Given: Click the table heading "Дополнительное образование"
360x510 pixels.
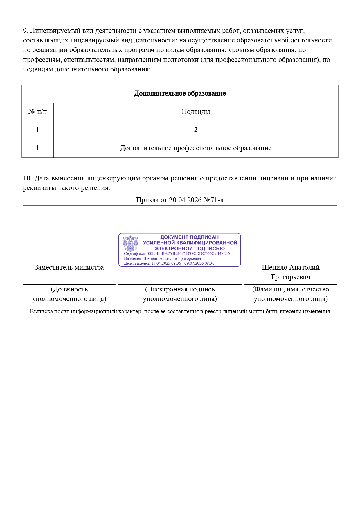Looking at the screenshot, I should click(x=180, y=94).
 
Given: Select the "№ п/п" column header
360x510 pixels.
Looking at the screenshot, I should click(x=37, y=112).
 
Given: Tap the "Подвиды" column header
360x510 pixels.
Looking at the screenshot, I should click(x=196, y=112).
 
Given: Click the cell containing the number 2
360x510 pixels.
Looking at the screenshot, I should click(x=196, y=130).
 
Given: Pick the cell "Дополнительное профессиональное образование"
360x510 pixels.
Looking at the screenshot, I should click(x=196, y=148).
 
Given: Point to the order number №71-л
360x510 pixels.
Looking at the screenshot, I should click(x=213, y=200).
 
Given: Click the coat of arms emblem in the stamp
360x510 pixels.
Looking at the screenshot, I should click(x=130, y=243).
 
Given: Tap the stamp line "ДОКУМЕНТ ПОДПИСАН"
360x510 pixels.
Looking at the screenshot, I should click(x=189, y=237).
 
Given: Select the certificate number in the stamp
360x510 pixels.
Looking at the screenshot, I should click(x=189, y=253).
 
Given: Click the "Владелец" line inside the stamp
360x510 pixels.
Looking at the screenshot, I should click(x=162, y=258).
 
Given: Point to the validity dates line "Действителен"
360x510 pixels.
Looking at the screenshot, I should click(x=169, y=263).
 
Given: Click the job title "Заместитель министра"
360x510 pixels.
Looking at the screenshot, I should click(x=69, y=267).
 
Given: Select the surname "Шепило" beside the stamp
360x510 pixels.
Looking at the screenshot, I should click(x=275, y=267).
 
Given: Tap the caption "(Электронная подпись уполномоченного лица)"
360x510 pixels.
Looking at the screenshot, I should click(x=180, y=294).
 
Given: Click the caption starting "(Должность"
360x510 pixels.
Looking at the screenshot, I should click(x=69, y=294).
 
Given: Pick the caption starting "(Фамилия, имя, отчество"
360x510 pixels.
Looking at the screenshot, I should click(x=291, y=294).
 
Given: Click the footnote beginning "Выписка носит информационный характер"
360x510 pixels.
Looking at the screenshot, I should click(x=180, y=311).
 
